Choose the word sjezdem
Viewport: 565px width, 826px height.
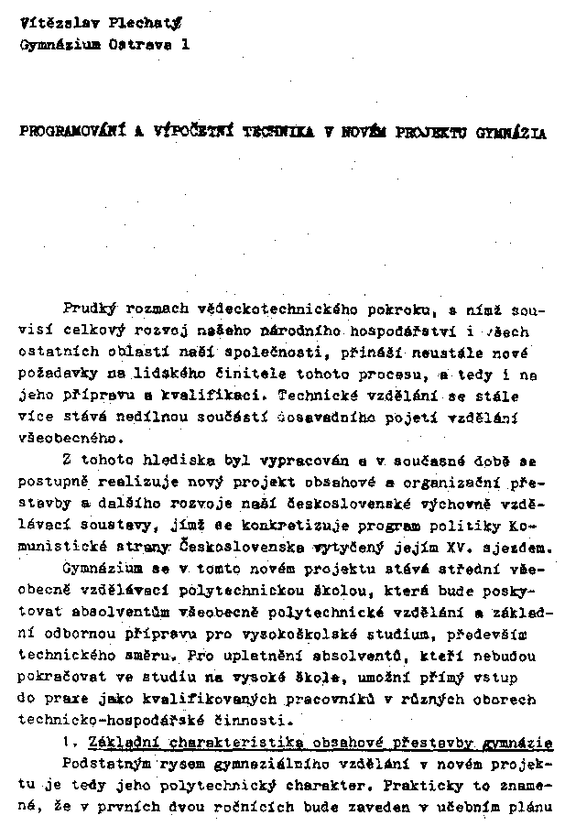pyautogui.click(x=516, y=549)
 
